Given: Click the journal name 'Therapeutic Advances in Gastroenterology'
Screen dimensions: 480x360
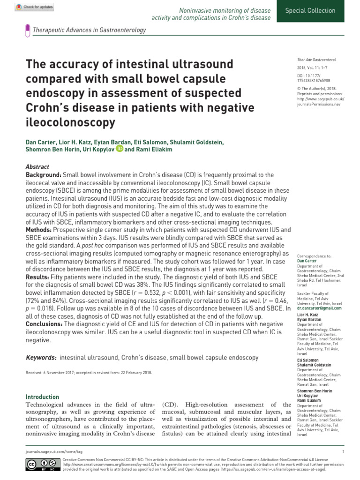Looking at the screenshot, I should (89, 30).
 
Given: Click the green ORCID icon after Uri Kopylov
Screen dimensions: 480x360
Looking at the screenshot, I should (120, 149).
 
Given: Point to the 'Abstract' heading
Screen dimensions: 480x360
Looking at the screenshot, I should (37, 167).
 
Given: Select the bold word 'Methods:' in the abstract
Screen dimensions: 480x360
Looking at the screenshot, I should (39, 230).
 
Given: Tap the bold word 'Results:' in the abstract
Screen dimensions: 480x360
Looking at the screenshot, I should (38, 277).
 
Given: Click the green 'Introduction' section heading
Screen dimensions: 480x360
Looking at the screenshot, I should (42, 397).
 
